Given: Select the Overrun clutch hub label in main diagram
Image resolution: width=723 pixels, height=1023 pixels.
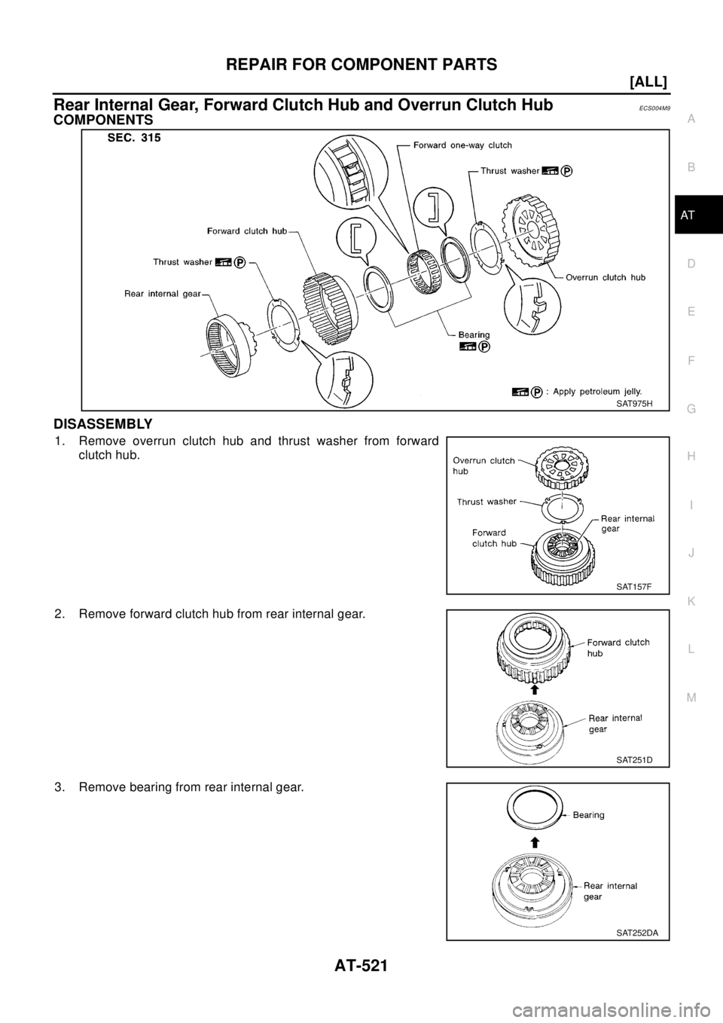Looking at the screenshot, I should (606, 276).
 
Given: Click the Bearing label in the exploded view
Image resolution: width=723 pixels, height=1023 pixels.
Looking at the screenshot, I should (465, 332).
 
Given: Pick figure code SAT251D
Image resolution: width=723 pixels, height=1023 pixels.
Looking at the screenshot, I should (634, 759).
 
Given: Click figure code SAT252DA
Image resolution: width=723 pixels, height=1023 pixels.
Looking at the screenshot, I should (637, 932).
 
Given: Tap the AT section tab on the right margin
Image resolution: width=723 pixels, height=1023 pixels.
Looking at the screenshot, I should (691, 216).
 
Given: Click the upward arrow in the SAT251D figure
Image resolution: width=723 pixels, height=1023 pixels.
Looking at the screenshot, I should (534, 689).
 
